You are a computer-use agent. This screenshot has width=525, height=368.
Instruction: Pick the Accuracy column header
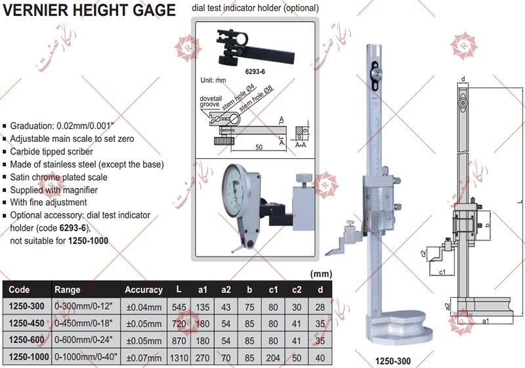point(143,289)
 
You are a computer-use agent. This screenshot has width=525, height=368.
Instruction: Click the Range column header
point(68,289)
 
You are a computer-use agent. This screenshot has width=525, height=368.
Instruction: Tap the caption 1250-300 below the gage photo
point(393,361)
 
